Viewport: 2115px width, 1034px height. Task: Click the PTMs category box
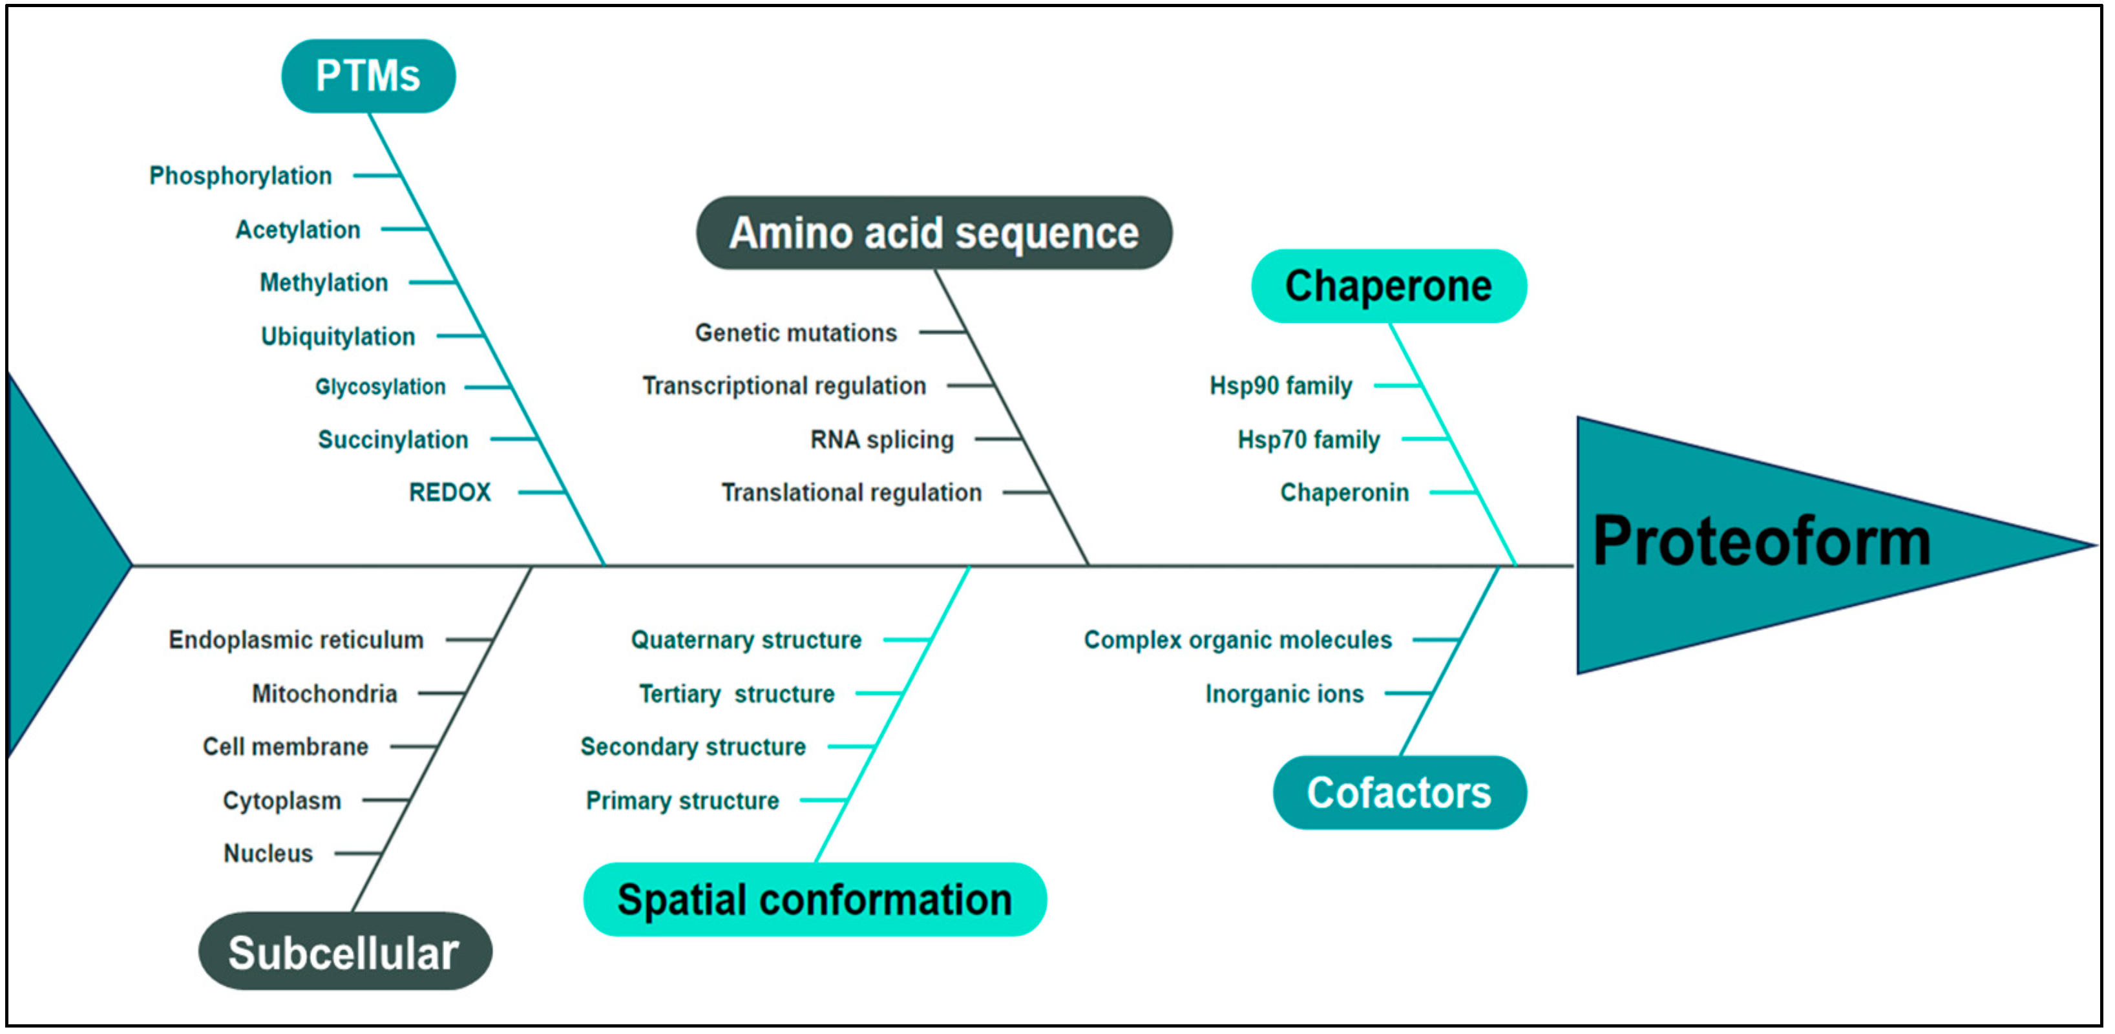pyautogui.click(x=368, y=76)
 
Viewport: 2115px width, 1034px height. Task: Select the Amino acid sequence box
pyautogui.click(x=934, y=233)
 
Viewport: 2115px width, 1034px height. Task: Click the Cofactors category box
pyautogui.click(x=1399, y=792)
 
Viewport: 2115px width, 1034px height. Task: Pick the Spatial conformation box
pyautogui.click(x=814, y=900)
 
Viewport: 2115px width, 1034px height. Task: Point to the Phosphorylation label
pyautogui.click(x=240, y=176)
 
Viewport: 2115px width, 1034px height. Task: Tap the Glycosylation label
pyautogui.click(x=380, y=387)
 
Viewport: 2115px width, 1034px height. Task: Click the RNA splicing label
pyautogui.click(x=882, y=439)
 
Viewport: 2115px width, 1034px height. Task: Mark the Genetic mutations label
pyautogui.click(x=795, y=333)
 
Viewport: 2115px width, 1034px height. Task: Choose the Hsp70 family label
pyautogui.click(x=1309, y=439)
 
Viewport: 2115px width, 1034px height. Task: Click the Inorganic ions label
pyautogui.click(x=1284, y=694)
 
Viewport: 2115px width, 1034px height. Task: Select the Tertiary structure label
pyautogui.click(x=737, y=694)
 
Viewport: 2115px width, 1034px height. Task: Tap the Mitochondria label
pyautogui.click(x=324, y=694)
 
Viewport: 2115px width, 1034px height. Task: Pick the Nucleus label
pyautogui.click(x=268, y=853)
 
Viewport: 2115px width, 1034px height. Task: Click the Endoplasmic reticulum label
pyautogui.click(x=295, y=640)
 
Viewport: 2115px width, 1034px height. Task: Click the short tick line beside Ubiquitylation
pyautogui.click(x=460, y=335)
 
